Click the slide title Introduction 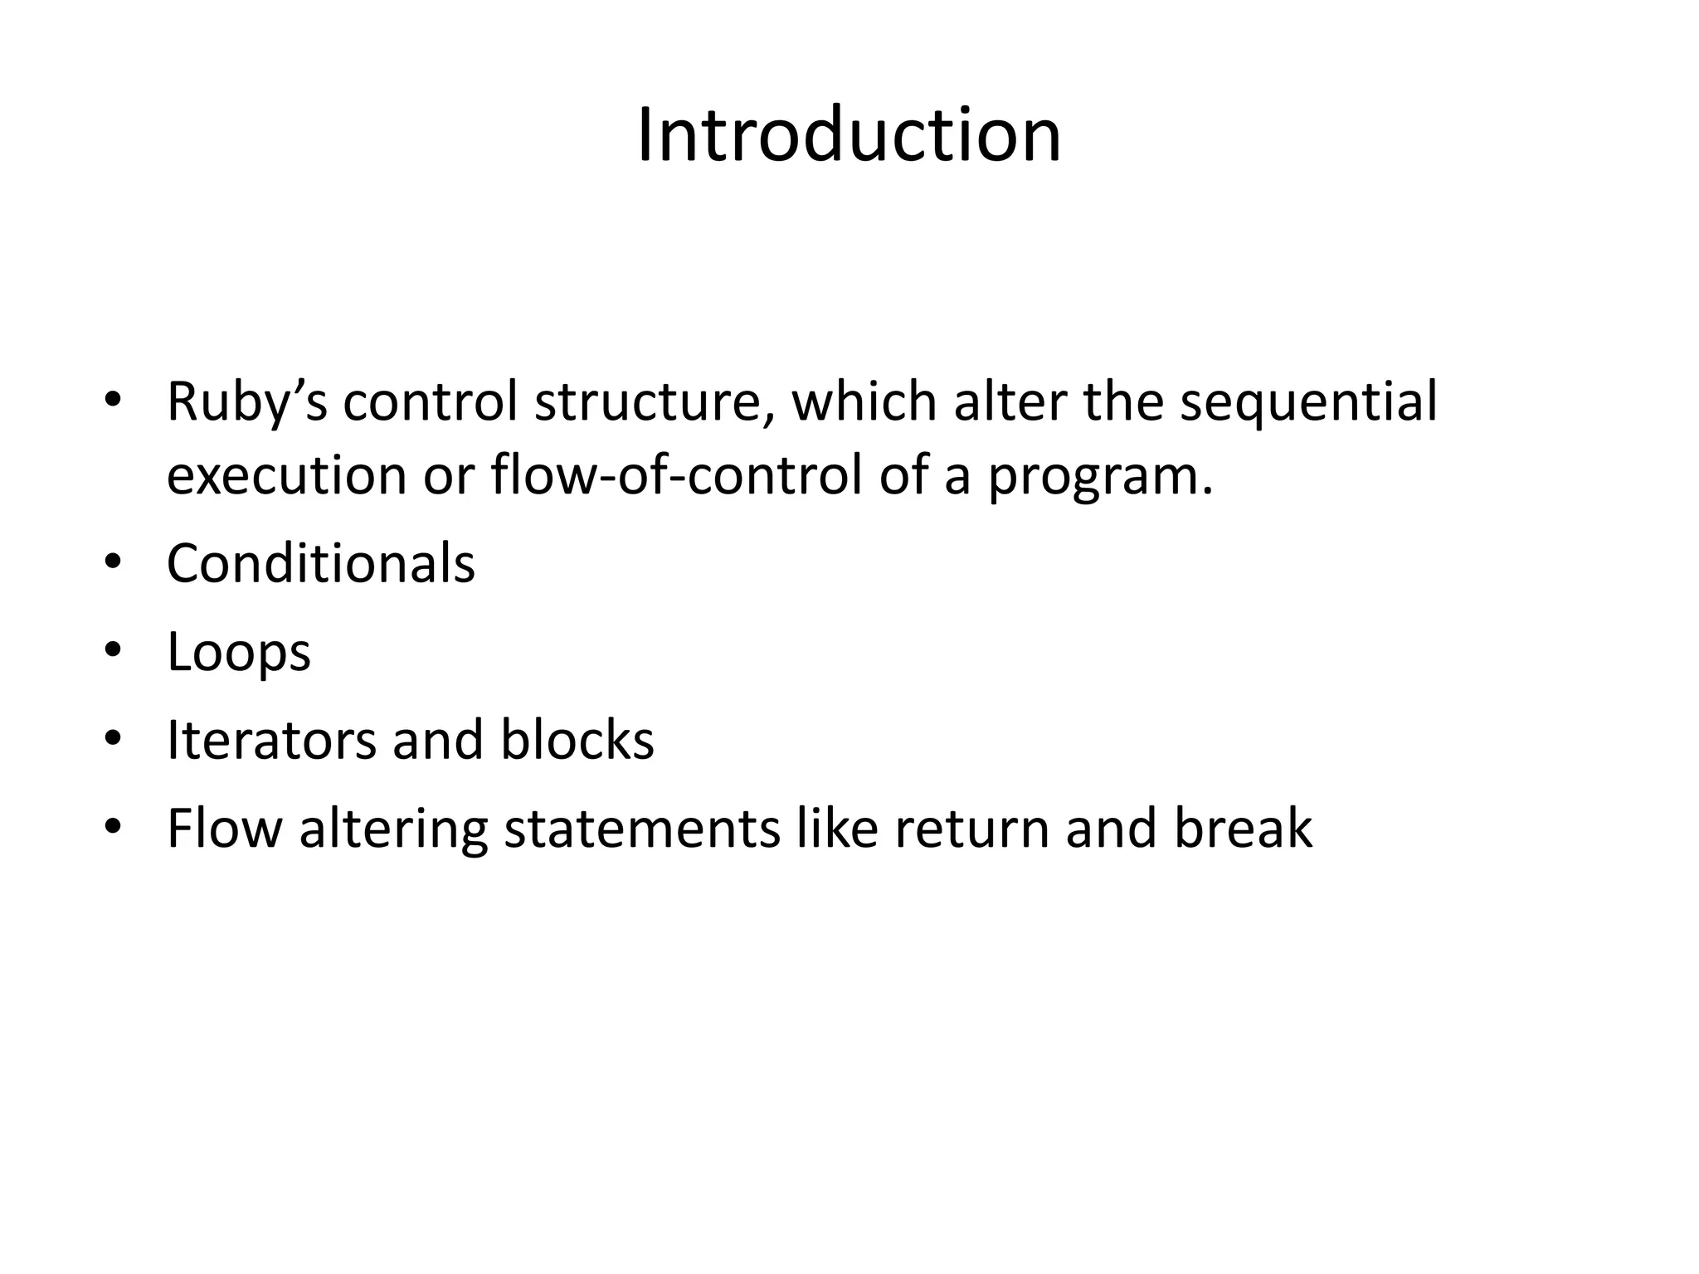(849, 135)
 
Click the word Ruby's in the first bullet (247, 402)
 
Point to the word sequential (1308, 402)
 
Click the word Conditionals (321, 563)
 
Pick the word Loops (239, 653)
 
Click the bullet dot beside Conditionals (114, 563)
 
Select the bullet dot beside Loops (114, 651)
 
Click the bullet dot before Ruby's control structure (114, 401)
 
